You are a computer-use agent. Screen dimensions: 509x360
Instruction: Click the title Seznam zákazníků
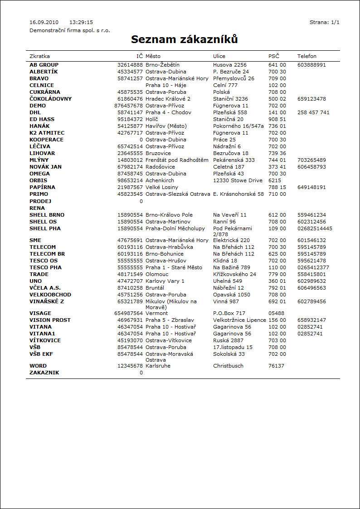(185, 40)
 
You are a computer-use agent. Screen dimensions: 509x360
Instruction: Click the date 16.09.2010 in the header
(44, 22)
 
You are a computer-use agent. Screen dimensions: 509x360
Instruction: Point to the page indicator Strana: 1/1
(324, 22)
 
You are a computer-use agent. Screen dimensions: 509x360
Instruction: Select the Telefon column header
(307, 56)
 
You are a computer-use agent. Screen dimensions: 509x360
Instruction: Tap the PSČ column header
(274, 56)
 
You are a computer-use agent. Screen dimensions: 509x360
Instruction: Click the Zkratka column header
(39, 56)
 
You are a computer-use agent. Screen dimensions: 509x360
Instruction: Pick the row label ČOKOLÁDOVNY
(50, 99)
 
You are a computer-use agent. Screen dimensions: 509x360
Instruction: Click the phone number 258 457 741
(313, 112)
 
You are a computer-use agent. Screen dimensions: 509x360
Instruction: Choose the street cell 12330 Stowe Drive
(238, 180)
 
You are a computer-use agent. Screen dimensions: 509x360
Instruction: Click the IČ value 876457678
(129, 106)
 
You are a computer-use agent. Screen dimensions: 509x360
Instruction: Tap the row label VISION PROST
(50, 320)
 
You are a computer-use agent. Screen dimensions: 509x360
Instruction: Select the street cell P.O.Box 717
(229, 313)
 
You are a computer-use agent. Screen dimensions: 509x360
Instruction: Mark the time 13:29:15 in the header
(81, 22)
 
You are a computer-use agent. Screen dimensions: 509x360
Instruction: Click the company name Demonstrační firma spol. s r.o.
(70, 30)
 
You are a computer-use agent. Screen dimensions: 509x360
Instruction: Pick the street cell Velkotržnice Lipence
(239, 320)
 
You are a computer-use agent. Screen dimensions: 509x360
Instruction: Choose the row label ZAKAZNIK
(44, 373)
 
